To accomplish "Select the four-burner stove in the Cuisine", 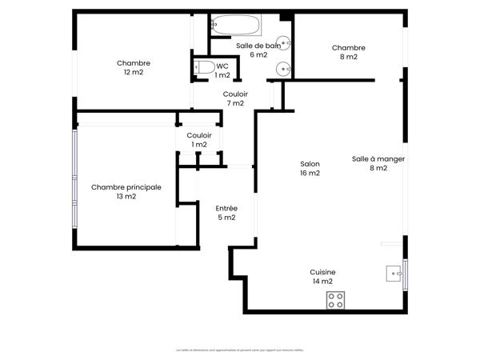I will pos(336,300).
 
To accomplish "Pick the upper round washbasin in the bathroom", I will pos(283,43).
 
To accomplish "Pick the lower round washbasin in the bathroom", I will pos(283,69).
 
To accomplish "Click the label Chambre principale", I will pos(126,187).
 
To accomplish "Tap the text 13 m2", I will pos(126,196).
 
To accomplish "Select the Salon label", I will pos(310,163).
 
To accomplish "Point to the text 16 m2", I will pos(310,173).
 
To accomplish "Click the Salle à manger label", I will pos(378,158).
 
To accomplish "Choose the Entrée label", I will pos(226,208).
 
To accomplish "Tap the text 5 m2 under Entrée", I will pos(226,218).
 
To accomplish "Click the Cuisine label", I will pos(323,272).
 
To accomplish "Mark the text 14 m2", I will pos(322,282).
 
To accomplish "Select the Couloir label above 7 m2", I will pos(235,94).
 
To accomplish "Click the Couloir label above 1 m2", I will pos(198,135).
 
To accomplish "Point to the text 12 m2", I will pos(133,73).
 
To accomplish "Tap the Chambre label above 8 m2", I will pos(348,47).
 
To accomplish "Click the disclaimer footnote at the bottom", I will pos(240,350).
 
